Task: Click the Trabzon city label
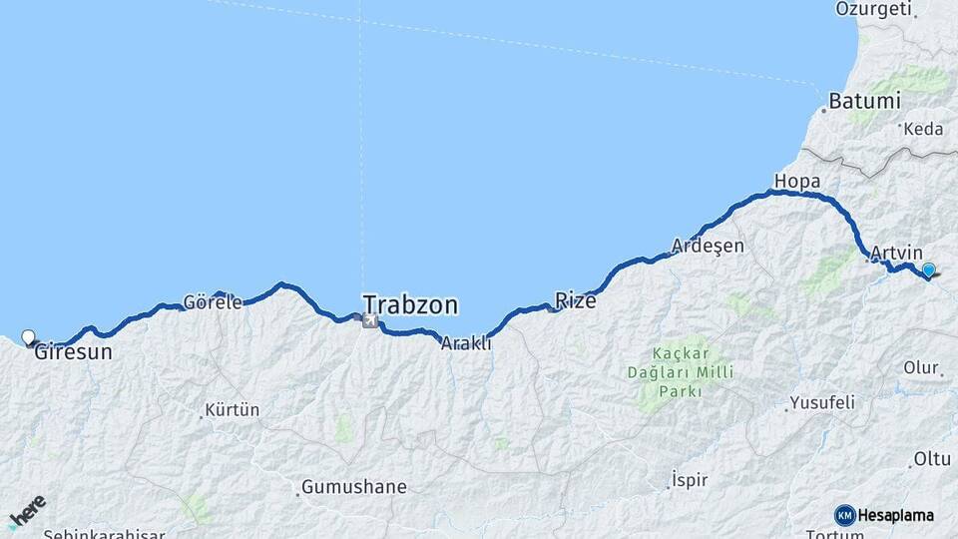(410, 303)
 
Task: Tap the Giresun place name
(73, 351)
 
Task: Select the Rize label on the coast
(576, 299)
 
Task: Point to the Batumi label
(864, 101)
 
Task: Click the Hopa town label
(796, 181)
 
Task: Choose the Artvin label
(896, 254)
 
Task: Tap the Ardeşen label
(709, 246)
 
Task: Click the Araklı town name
(467, 342)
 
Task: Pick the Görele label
(214, 302)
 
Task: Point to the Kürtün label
(232, 410)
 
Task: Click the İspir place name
(690, 480)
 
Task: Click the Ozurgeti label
(874, 9)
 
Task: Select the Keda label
(923, 129)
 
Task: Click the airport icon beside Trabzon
(371, 320)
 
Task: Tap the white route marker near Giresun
(28, 337)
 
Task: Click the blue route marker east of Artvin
(929, 269)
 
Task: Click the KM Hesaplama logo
(884, 515)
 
